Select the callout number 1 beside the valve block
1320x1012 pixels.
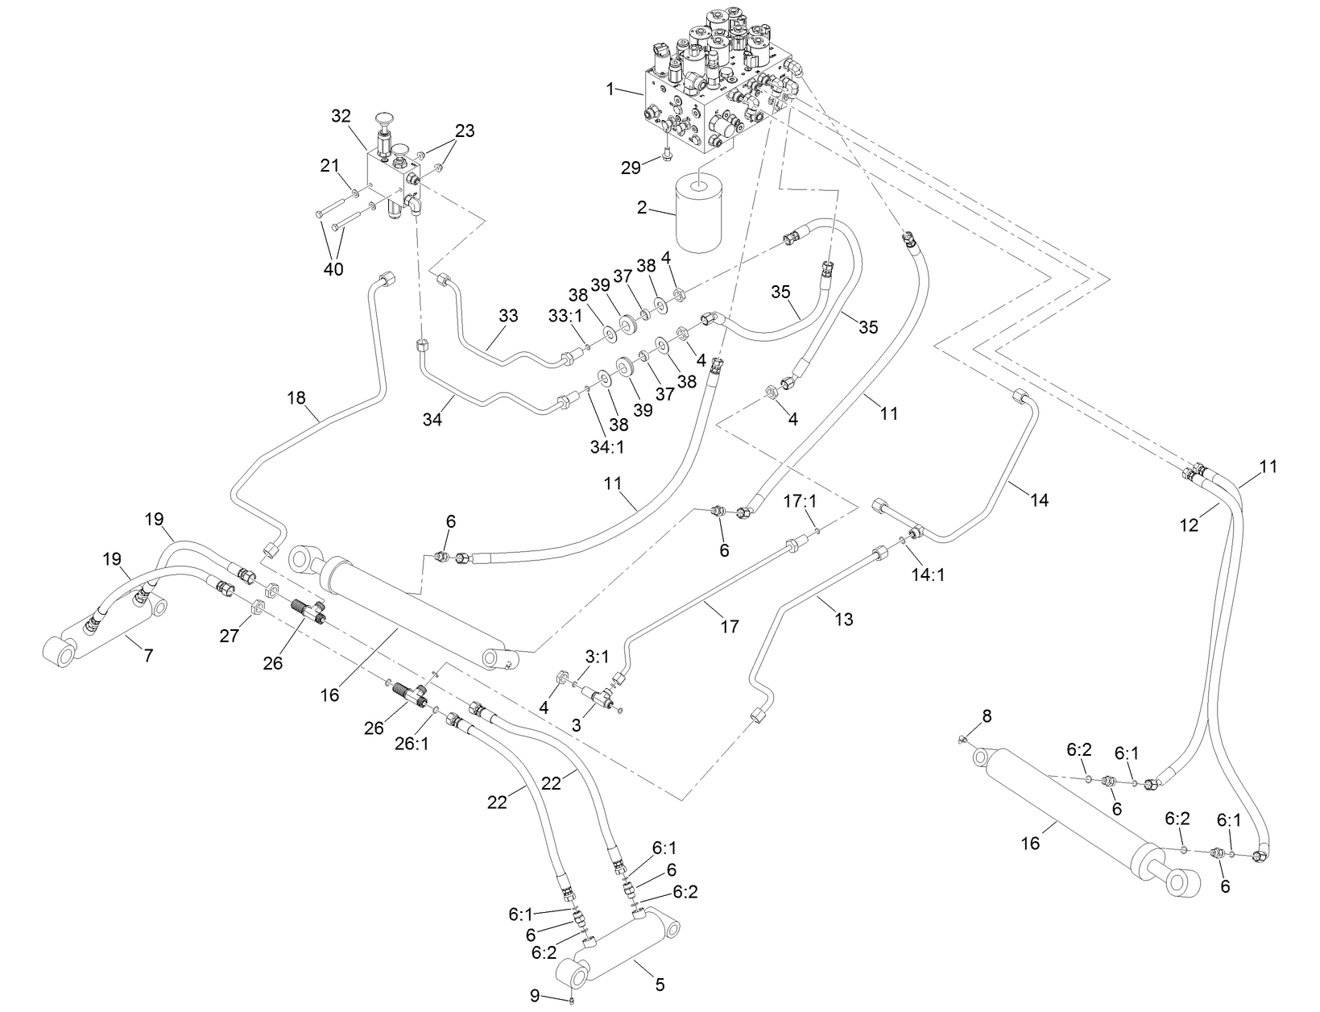point(610,88)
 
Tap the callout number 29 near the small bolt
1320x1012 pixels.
point(631,167)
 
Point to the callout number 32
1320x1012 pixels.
point(341,116)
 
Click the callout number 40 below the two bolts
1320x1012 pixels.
point(333,268)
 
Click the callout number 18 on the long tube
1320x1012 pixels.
point(297,396)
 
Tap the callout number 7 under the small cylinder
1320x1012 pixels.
point(148,656)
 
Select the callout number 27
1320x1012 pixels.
point(230,636)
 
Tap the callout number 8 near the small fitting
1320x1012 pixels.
point(987,715)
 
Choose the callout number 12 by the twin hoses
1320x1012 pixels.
point(1189,525)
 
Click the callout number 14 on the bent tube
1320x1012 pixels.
point(1039,500)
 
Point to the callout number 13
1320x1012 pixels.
point(843,619)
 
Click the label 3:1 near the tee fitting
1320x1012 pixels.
point(597,657)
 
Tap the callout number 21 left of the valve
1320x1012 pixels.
point(330,165)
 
